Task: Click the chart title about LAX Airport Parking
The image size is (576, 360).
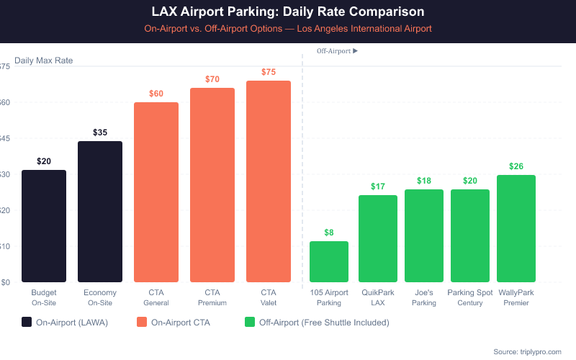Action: [288, 12]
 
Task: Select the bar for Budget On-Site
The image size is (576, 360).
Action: [44, 226]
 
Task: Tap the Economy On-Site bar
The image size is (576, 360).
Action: [100, 212]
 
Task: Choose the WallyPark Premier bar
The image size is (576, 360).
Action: [516, 228]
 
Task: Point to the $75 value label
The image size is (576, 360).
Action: [269, 72]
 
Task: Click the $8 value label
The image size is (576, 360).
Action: [329, 233]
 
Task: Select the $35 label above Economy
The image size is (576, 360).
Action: [100, 132]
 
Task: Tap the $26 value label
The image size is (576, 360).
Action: [516, 166]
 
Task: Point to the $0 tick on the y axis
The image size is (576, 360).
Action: [6, 282]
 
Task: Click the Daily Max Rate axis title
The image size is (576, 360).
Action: [43, 60]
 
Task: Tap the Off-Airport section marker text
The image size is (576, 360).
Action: [337, 51]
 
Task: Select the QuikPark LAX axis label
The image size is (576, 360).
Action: [378, 298]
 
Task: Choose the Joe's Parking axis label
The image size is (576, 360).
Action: [424, 298]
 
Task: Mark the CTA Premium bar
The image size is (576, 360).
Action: [212, 185]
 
